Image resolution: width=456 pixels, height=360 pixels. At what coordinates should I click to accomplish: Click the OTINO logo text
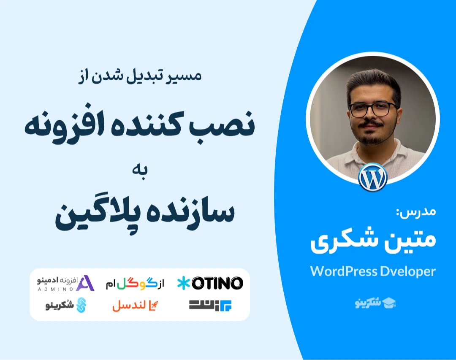(x=217, y=283)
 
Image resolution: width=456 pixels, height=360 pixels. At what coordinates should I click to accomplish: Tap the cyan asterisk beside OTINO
(x=184, y=283)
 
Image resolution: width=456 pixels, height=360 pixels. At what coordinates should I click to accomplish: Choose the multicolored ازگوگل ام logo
(x=135, y=283)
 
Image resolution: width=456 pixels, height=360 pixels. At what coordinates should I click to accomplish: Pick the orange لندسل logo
(x=135, y=306)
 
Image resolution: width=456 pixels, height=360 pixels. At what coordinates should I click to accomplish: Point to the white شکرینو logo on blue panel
(x=375, y=303)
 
